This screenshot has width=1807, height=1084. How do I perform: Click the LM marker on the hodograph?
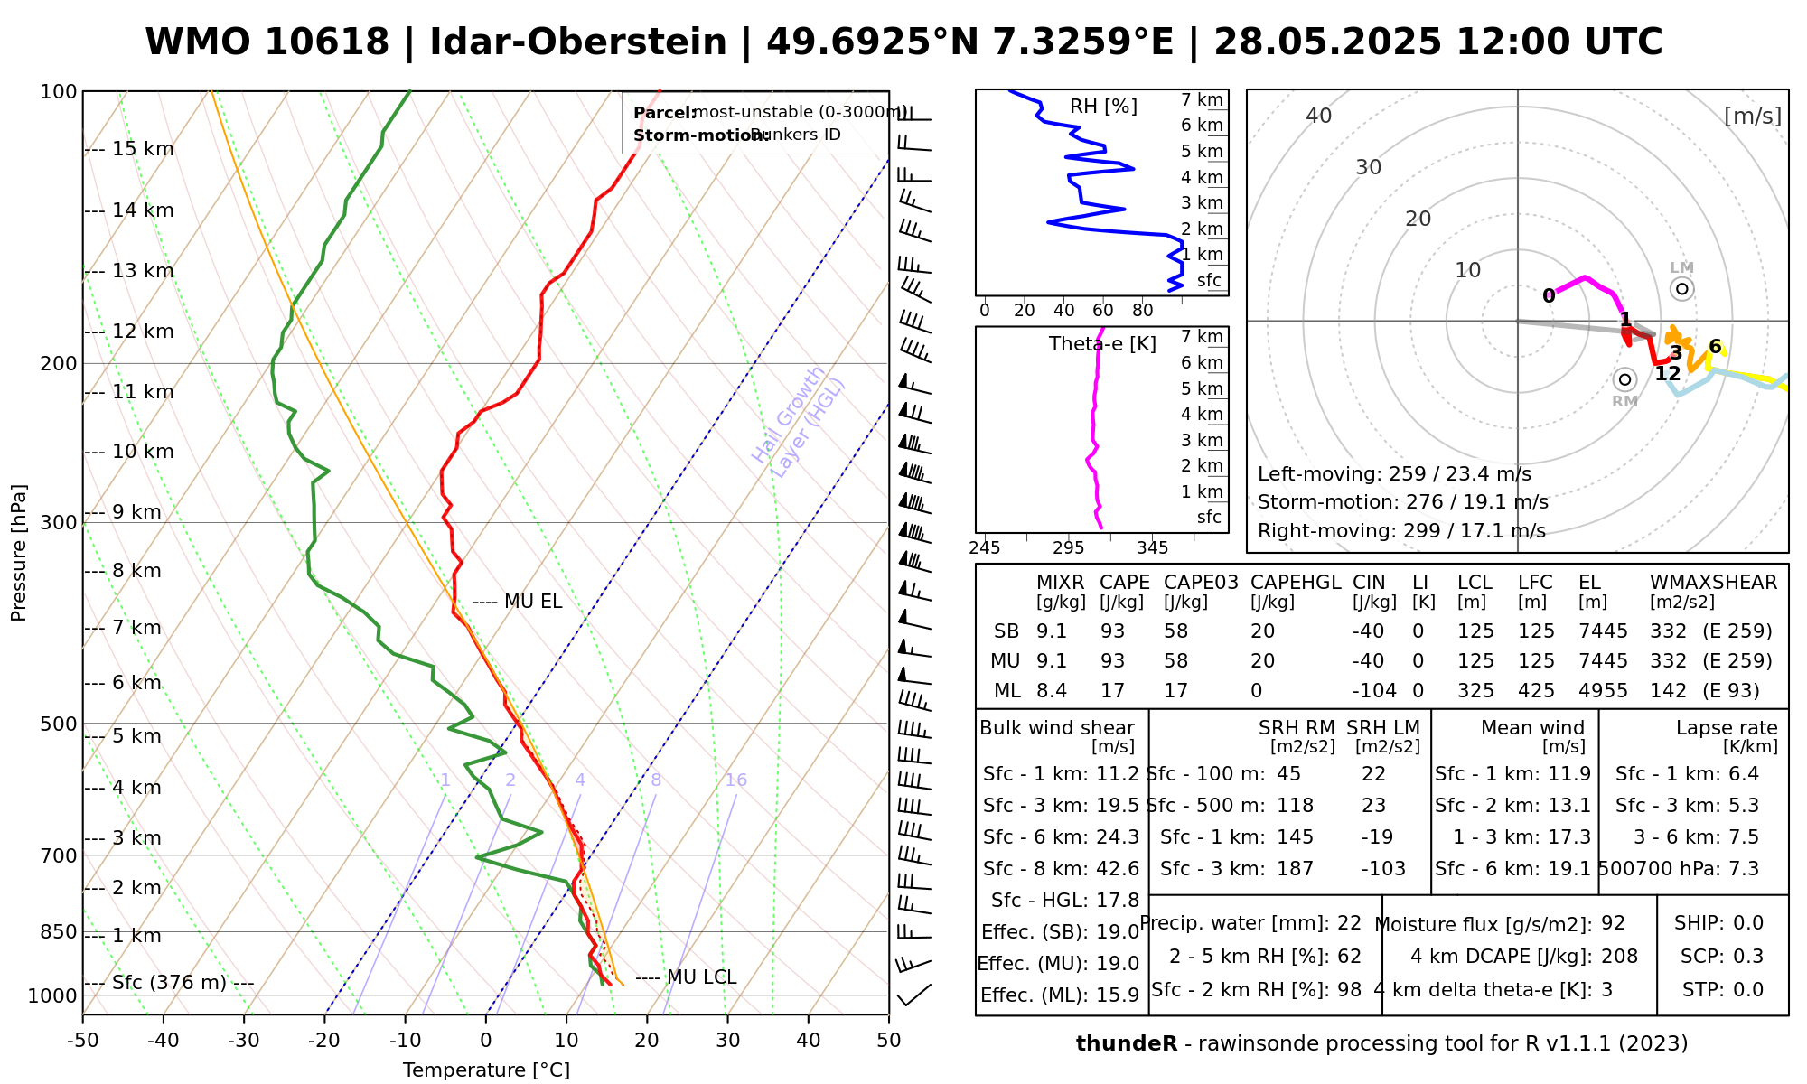(1681, 289)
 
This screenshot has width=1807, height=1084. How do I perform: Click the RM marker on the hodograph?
(1624, 379)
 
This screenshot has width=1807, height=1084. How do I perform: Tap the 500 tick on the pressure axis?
(60, 724)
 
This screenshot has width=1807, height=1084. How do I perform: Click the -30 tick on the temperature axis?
(244, 1041)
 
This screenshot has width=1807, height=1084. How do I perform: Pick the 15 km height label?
(143, 149)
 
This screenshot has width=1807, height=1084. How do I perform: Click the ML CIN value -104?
(1374, 691)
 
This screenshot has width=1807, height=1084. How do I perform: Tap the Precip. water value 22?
(1349, 923)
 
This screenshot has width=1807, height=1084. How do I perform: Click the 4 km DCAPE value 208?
(1619, 957)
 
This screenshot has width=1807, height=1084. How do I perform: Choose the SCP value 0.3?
(1747, 957)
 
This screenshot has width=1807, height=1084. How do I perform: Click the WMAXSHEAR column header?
(1713, 583)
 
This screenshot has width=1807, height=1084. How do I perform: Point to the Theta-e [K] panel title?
(1102, 344)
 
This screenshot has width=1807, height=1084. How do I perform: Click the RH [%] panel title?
(1103, 107)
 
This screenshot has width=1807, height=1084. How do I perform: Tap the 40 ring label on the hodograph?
(1319, 116)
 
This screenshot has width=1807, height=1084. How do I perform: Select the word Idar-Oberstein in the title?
(578, 42)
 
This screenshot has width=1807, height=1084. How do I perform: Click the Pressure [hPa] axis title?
(19, 553)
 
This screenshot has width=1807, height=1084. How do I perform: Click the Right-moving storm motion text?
(1401, 531)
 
